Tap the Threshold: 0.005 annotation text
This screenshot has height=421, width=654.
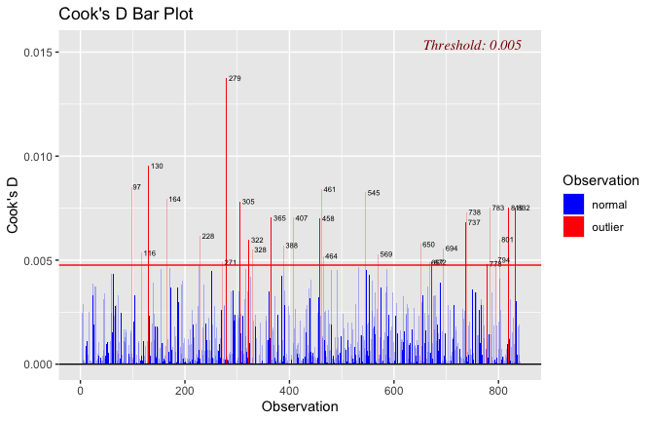click(472, 45)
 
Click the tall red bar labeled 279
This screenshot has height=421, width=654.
click(226, 195)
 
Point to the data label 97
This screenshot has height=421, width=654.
click(136, 187)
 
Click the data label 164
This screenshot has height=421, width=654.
click(174, 200)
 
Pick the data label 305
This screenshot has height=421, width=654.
click(248, 202)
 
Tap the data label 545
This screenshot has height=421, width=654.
click(374, 193)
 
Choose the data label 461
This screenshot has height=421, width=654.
click(329, 190)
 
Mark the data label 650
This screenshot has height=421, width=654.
click(428, 245)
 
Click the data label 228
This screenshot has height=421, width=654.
click(208, 237)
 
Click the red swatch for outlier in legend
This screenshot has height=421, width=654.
click(573, 227)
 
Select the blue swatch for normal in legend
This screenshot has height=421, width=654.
click(573, 205)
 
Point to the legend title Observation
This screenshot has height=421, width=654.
click(600, 181)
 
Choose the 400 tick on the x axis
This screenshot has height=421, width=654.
click(289, 390)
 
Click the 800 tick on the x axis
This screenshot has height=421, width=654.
click(498, 390)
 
